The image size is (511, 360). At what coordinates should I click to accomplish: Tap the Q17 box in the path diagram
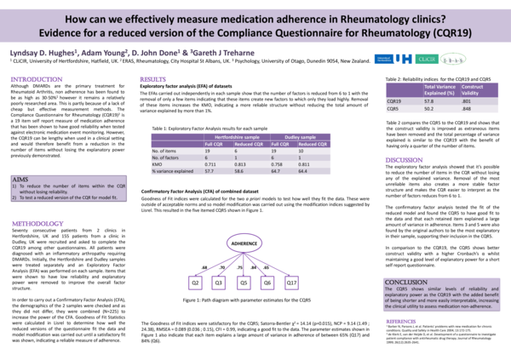pyautogui.click(x=291, y=282)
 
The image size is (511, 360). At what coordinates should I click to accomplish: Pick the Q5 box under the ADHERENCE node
pyautogui.click(x=243, y=282)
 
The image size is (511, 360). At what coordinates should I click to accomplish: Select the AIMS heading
pyautogui.click(x=20, y=180)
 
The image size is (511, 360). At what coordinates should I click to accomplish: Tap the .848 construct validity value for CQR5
pyautogui.click(x=467, y=108)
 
